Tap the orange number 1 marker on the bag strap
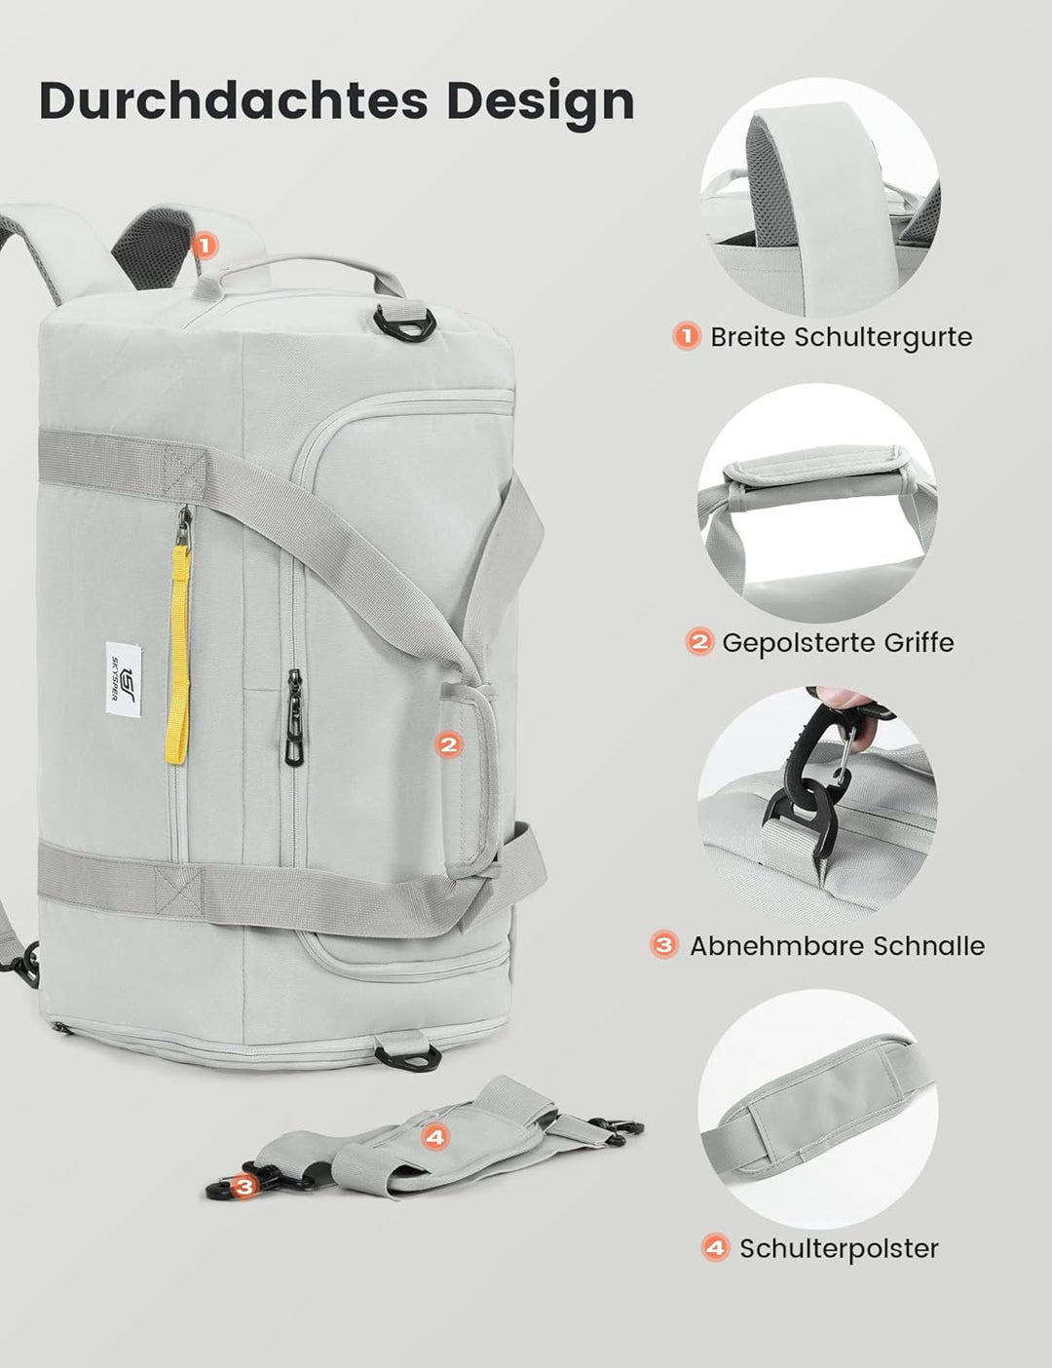[204, 245]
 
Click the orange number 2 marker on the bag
[448, 744]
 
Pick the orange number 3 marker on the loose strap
[245, 1186]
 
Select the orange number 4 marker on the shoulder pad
[434, 1136]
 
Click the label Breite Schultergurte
[841, 337]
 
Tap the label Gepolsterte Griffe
[838, 643]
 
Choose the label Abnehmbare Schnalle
[837, 946]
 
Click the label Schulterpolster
[839, 1249]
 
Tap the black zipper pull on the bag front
[292, 719]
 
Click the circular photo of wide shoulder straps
[820, 197]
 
